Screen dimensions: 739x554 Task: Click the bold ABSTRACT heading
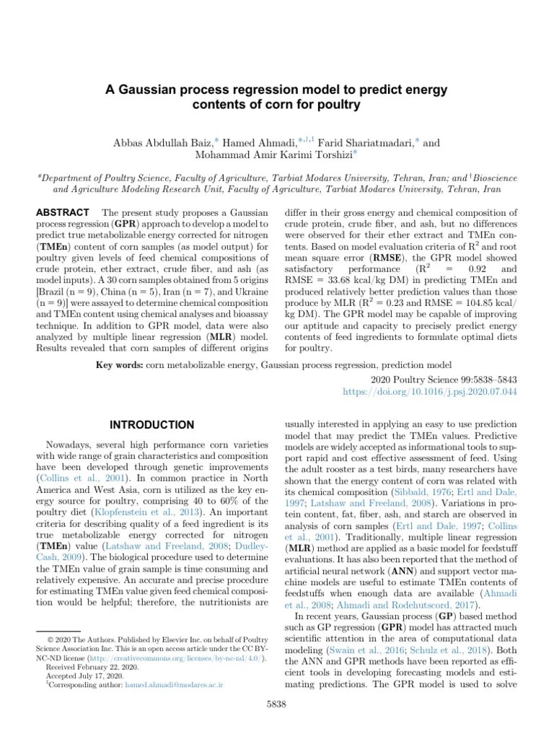point(62,213)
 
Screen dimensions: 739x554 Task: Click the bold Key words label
point(119,365)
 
